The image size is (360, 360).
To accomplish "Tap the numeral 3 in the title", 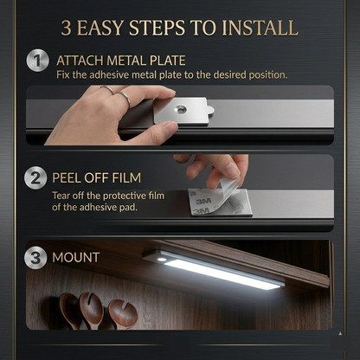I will [67, 27].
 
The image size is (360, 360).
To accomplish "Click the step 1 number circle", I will [36, 61].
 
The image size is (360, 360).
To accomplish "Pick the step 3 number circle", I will [36, 258].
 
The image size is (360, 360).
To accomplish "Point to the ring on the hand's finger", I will [125, 98].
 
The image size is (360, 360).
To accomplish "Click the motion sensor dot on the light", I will [162, 259].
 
